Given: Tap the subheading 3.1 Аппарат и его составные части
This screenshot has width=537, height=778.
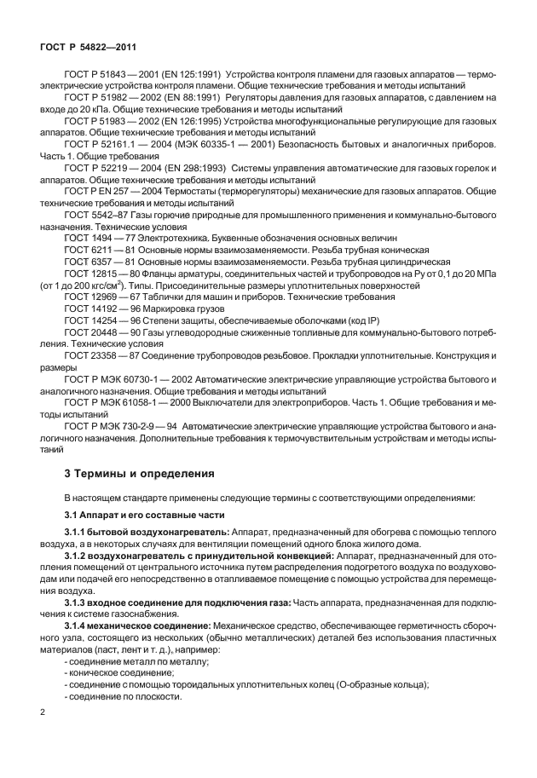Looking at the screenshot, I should point(133,516).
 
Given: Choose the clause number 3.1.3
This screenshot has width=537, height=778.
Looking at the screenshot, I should point(78,602).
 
